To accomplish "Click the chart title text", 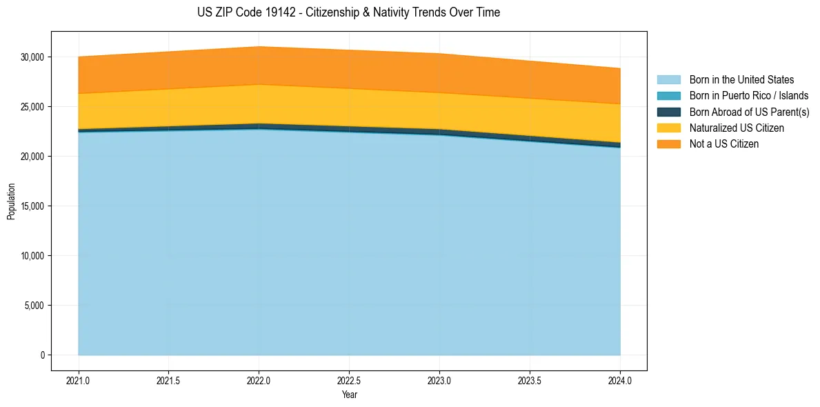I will [x=348, y=12].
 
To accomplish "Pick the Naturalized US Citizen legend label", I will [x=737, y=128].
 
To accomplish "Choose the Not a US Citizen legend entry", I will [x=724, y=144].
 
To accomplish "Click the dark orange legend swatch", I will [x=668, y=144].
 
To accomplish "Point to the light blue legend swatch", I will [x=668, y=80].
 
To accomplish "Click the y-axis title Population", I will [x=11, y=201].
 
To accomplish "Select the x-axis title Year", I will [x=350, y=395].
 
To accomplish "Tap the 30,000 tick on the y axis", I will [x=32, y=57].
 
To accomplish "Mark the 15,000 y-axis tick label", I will [x=32, y=206].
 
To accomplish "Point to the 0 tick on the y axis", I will [x=41, y=355].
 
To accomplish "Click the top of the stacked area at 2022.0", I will [x=259, y=47].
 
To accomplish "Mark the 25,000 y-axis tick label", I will [x=32, y=107].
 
